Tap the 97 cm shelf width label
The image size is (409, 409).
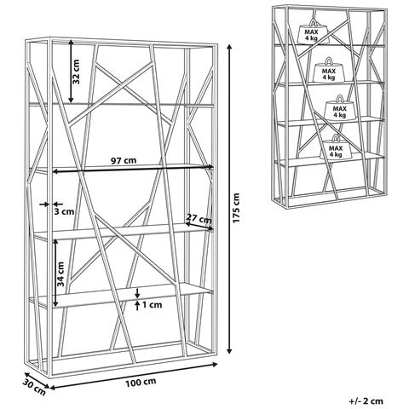click(x=124, y=160)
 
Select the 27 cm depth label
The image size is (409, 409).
click(x=198, y=218)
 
